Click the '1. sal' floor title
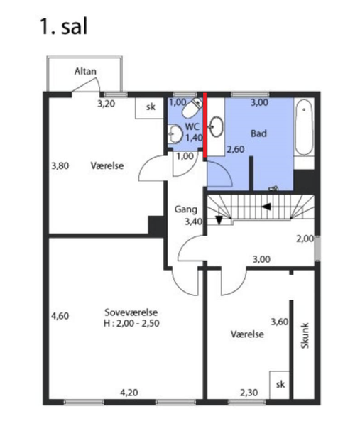(64, 27)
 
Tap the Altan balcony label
(85, 71)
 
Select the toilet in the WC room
(192, 108)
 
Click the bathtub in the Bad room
(304, 127)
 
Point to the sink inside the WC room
(175, 134)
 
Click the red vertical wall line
(205, 125)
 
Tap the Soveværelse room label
(131, 312)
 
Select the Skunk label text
(305, 335)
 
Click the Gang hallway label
(186, 209)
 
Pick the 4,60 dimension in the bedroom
(60, 316)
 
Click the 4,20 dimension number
(129, 393)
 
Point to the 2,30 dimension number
(249, 393)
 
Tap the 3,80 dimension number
(60, 165)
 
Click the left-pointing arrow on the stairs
(266, 207)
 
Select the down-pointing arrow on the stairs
(219, 220)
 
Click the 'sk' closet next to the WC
(151, 107)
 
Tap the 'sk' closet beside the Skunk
(280, 384)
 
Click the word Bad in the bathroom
(258, 133)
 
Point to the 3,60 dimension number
(279, 322)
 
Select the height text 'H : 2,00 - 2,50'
(131, 323)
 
